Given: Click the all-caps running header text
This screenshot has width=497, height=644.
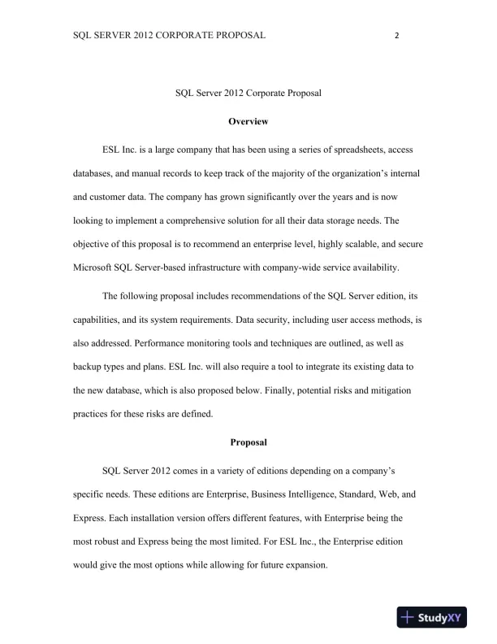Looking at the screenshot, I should [169, 37].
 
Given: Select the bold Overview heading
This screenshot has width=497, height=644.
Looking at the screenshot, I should [248, 121].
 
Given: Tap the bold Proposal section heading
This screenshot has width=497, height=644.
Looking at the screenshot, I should [248, 443].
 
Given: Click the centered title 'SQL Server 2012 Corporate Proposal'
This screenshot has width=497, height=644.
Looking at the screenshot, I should [248, 94].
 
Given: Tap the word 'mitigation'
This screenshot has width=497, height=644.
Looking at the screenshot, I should [386, 389].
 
